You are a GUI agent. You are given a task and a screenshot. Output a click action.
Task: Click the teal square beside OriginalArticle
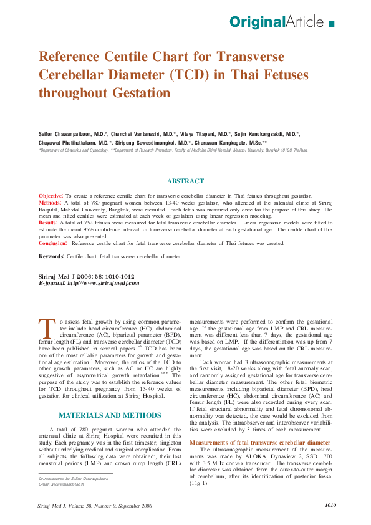pos(330,24)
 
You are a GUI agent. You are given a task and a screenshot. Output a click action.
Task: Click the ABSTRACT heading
pos(185,181)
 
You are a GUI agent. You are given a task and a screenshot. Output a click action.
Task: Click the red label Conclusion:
pos(53,243)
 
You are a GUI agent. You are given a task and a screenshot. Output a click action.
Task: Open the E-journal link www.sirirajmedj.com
pos(104,282)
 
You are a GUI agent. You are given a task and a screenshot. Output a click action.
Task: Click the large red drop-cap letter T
pos(47,328)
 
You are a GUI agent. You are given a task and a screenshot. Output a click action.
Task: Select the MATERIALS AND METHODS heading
pos(109,415)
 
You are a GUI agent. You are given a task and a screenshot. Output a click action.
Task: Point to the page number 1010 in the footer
pos(330,505)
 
